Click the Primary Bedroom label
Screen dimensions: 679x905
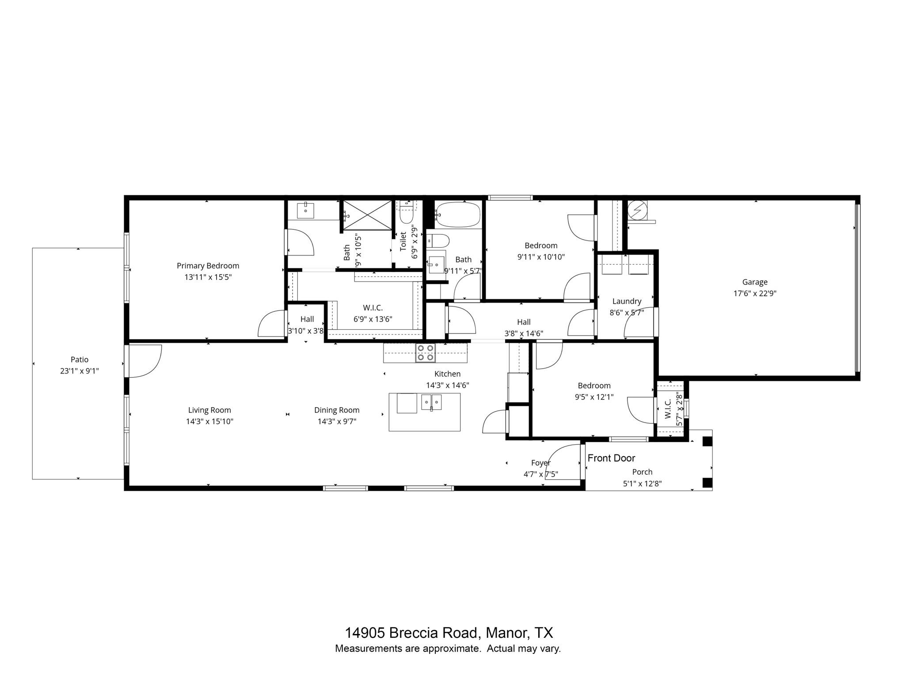coord(208,266)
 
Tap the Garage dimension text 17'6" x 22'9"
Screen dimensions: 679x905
coord(755,293)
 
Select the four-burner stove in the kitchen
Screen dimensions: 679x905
coord(425,353)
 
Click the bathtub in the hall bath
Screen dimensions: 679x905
coord(457,214)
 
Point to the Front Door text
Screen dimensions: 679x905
coord(611,458)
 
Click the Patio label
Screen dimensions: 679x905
coord(80,359)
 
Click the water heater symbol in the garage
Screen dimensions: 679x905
coord(637,210)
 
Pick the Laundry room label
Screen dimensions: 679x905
coord(627,301)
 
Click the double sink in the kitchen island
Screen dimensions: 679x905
coord(431,402)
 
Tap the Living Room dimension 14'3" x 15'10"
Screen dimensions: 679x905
coord(209,421)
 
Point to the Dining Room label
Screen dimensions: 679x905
coord(337,410)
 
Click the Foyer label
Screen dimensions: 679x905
coord(541,463)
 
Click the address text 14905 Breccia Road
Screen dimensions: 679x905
coord(411,633)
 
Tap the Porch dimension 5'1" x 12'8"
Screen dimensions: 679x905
coord(642,484)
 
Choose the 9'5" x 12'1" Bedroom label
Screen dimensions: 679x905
coord(594,385)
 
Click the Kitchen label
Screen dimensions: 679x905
coord(447,374)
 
